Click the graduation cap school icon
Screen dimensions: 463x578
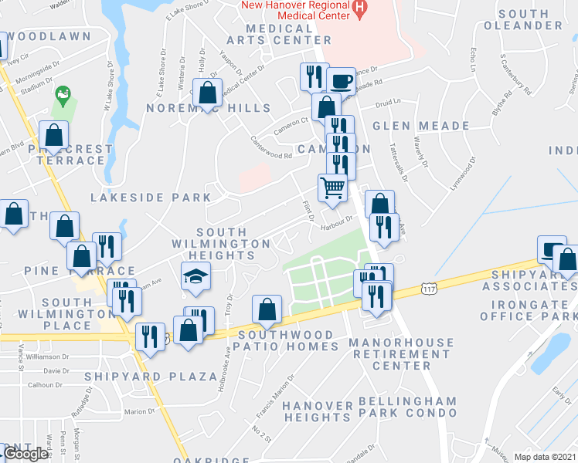pos(196,275)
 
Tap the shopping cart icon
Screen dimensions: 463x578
pos(333,188)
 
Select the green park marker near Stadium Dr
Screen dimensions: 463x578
pos(63,96)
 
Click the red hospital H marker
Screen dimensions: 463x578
pos(359,9)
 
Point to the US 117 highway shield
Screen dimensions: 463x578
pos(430,288)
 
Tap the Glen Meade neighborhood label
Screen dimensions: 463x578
pos(421,126)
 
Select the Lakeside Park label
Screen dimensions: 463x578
pos(151,198)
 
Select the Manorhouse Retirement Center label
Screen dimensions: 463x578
pos(399,353)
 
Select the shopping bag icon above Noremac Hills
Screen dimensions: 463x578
pos(208,93)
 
